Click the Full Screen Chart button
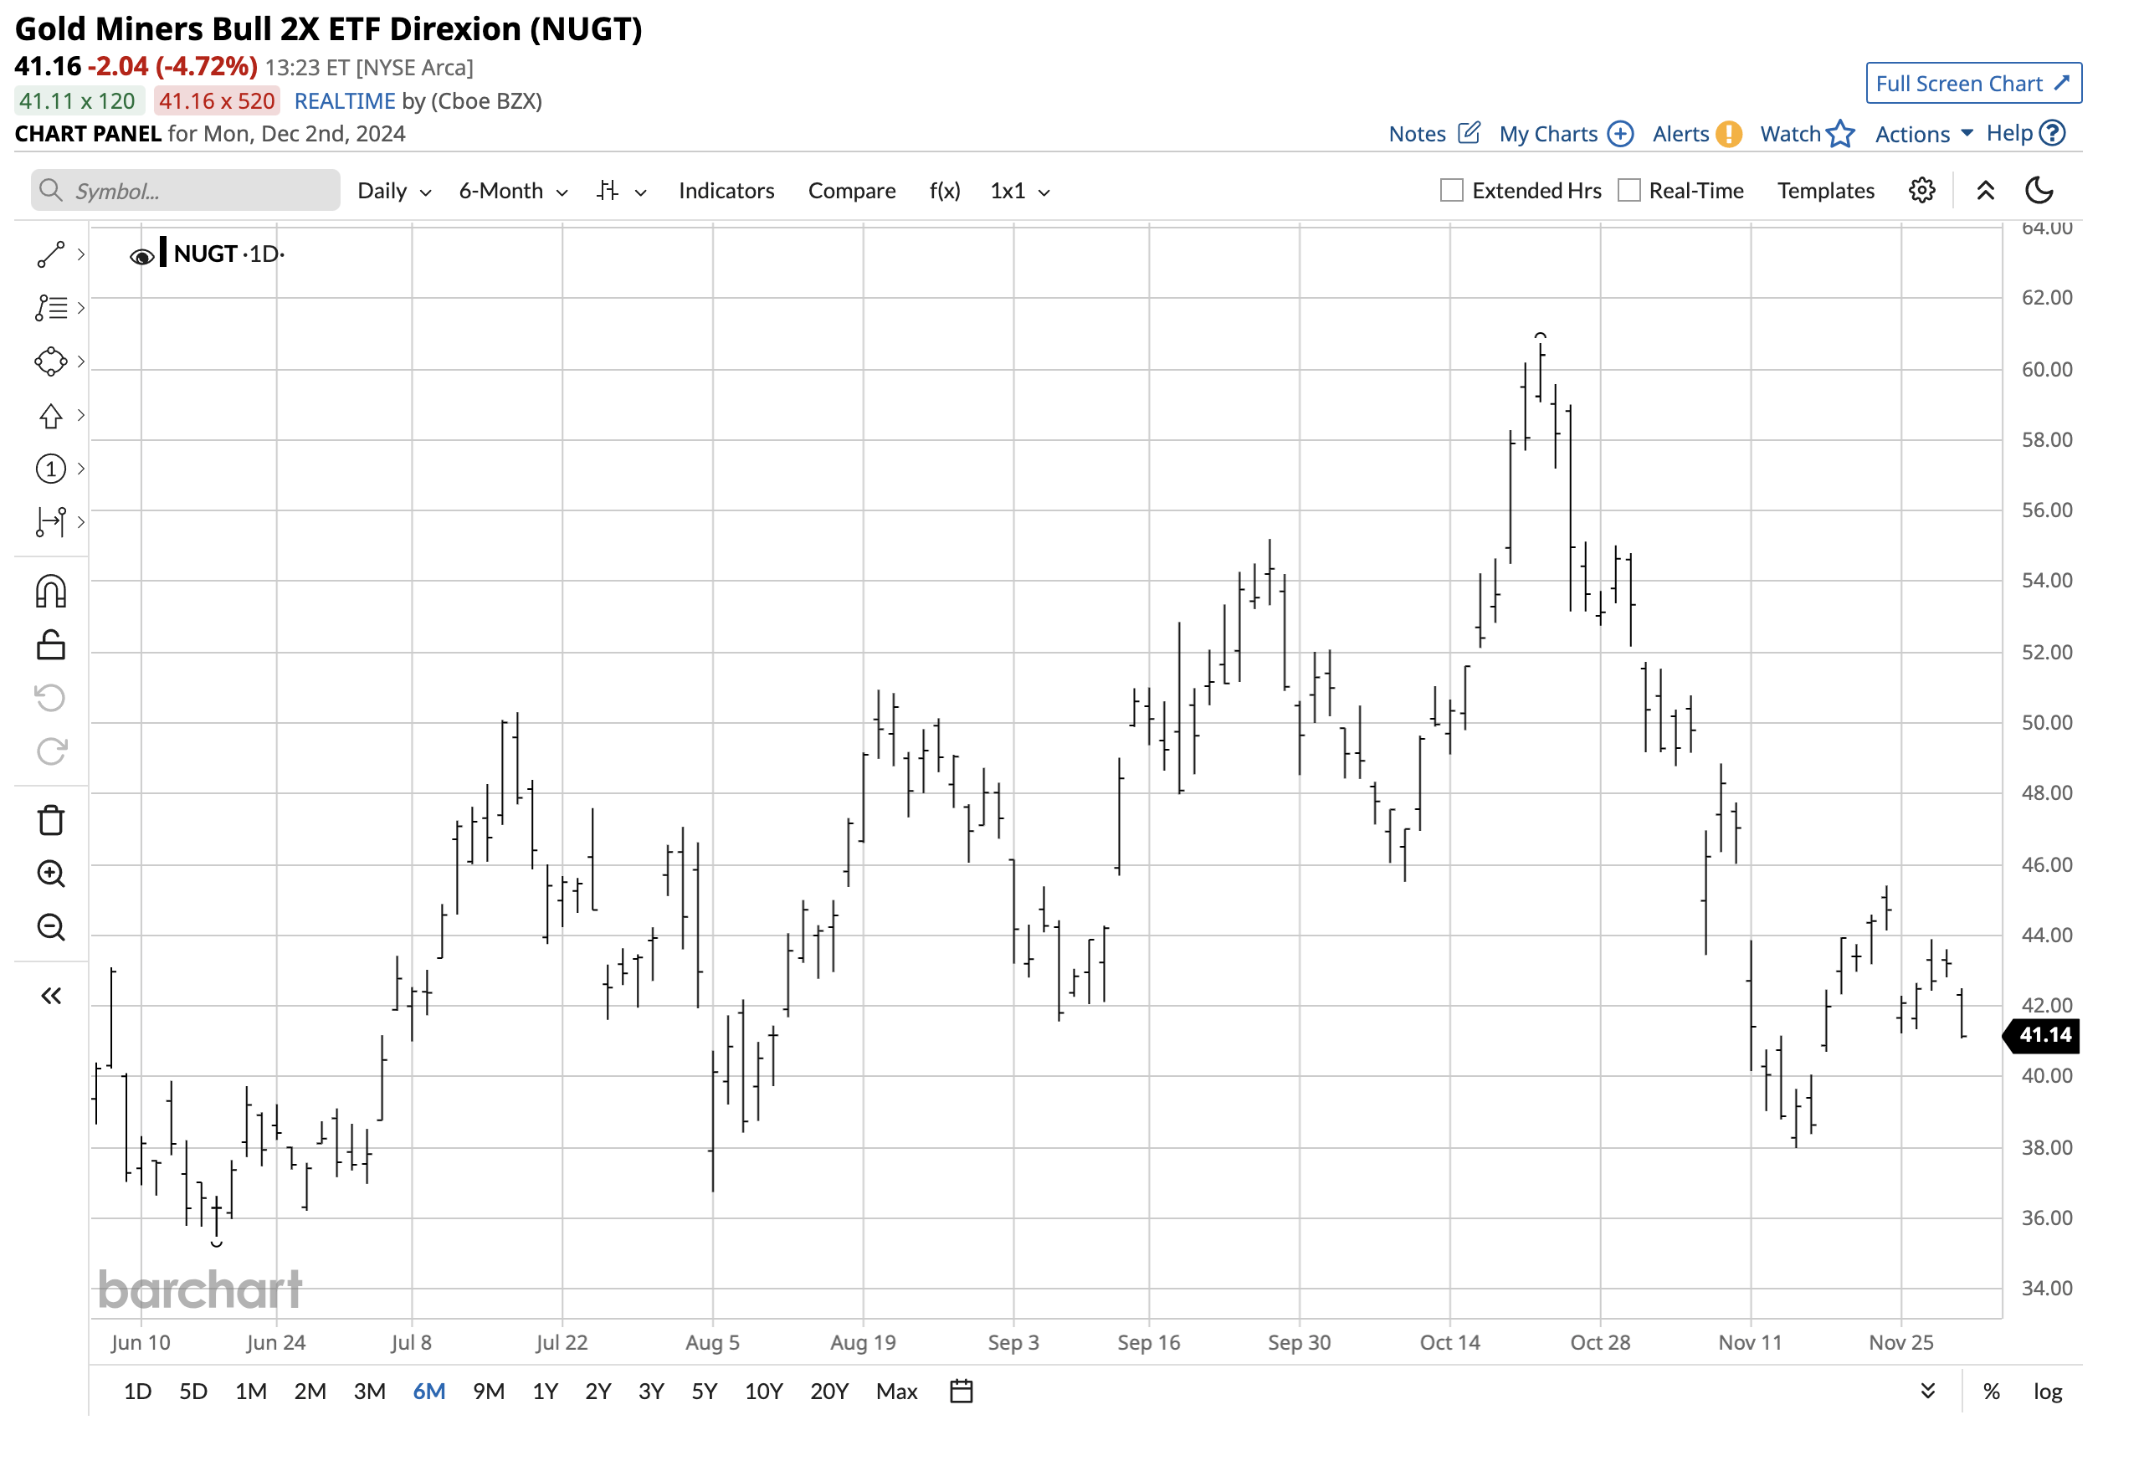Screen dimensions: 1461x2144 coord(1972,84)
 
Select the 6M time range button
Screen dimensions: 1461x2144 coord(429,1390)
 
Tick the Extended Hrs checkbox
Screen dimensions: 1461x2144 coord(1451,191)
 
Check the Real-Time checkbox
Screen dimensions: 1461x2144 coord(1629,191)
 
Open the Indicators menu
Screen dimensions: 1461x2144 coord(726,191)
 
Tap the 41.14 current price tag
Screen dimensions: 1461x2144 coord(2044,1035)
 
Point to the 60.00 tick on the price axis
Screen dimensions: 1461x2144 coord(2046,370)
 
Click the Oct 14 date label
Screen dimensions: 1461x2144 coord(1449,1342)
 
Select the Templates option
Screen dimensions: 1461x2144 coord(1826,191)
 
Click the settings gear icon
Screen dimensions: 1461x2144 coord(1921,191)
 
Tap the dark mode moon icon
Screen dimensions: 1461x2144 coord(2038,191)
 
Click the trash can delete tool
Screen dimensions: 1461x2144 coord(51,820)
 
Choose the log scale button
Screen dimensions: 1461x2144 coord(2047,1391)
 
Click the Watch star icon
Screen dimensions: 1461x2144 coord(1839,135)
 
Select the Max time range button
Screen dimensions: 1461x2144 coord(895,1391)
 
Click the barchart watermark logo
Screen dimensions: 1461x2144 coord(200,1289)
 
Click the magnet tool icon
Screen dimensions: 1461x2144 coord(51,592)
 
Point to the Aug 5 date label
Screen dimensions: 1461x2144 coord(712,1342)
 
